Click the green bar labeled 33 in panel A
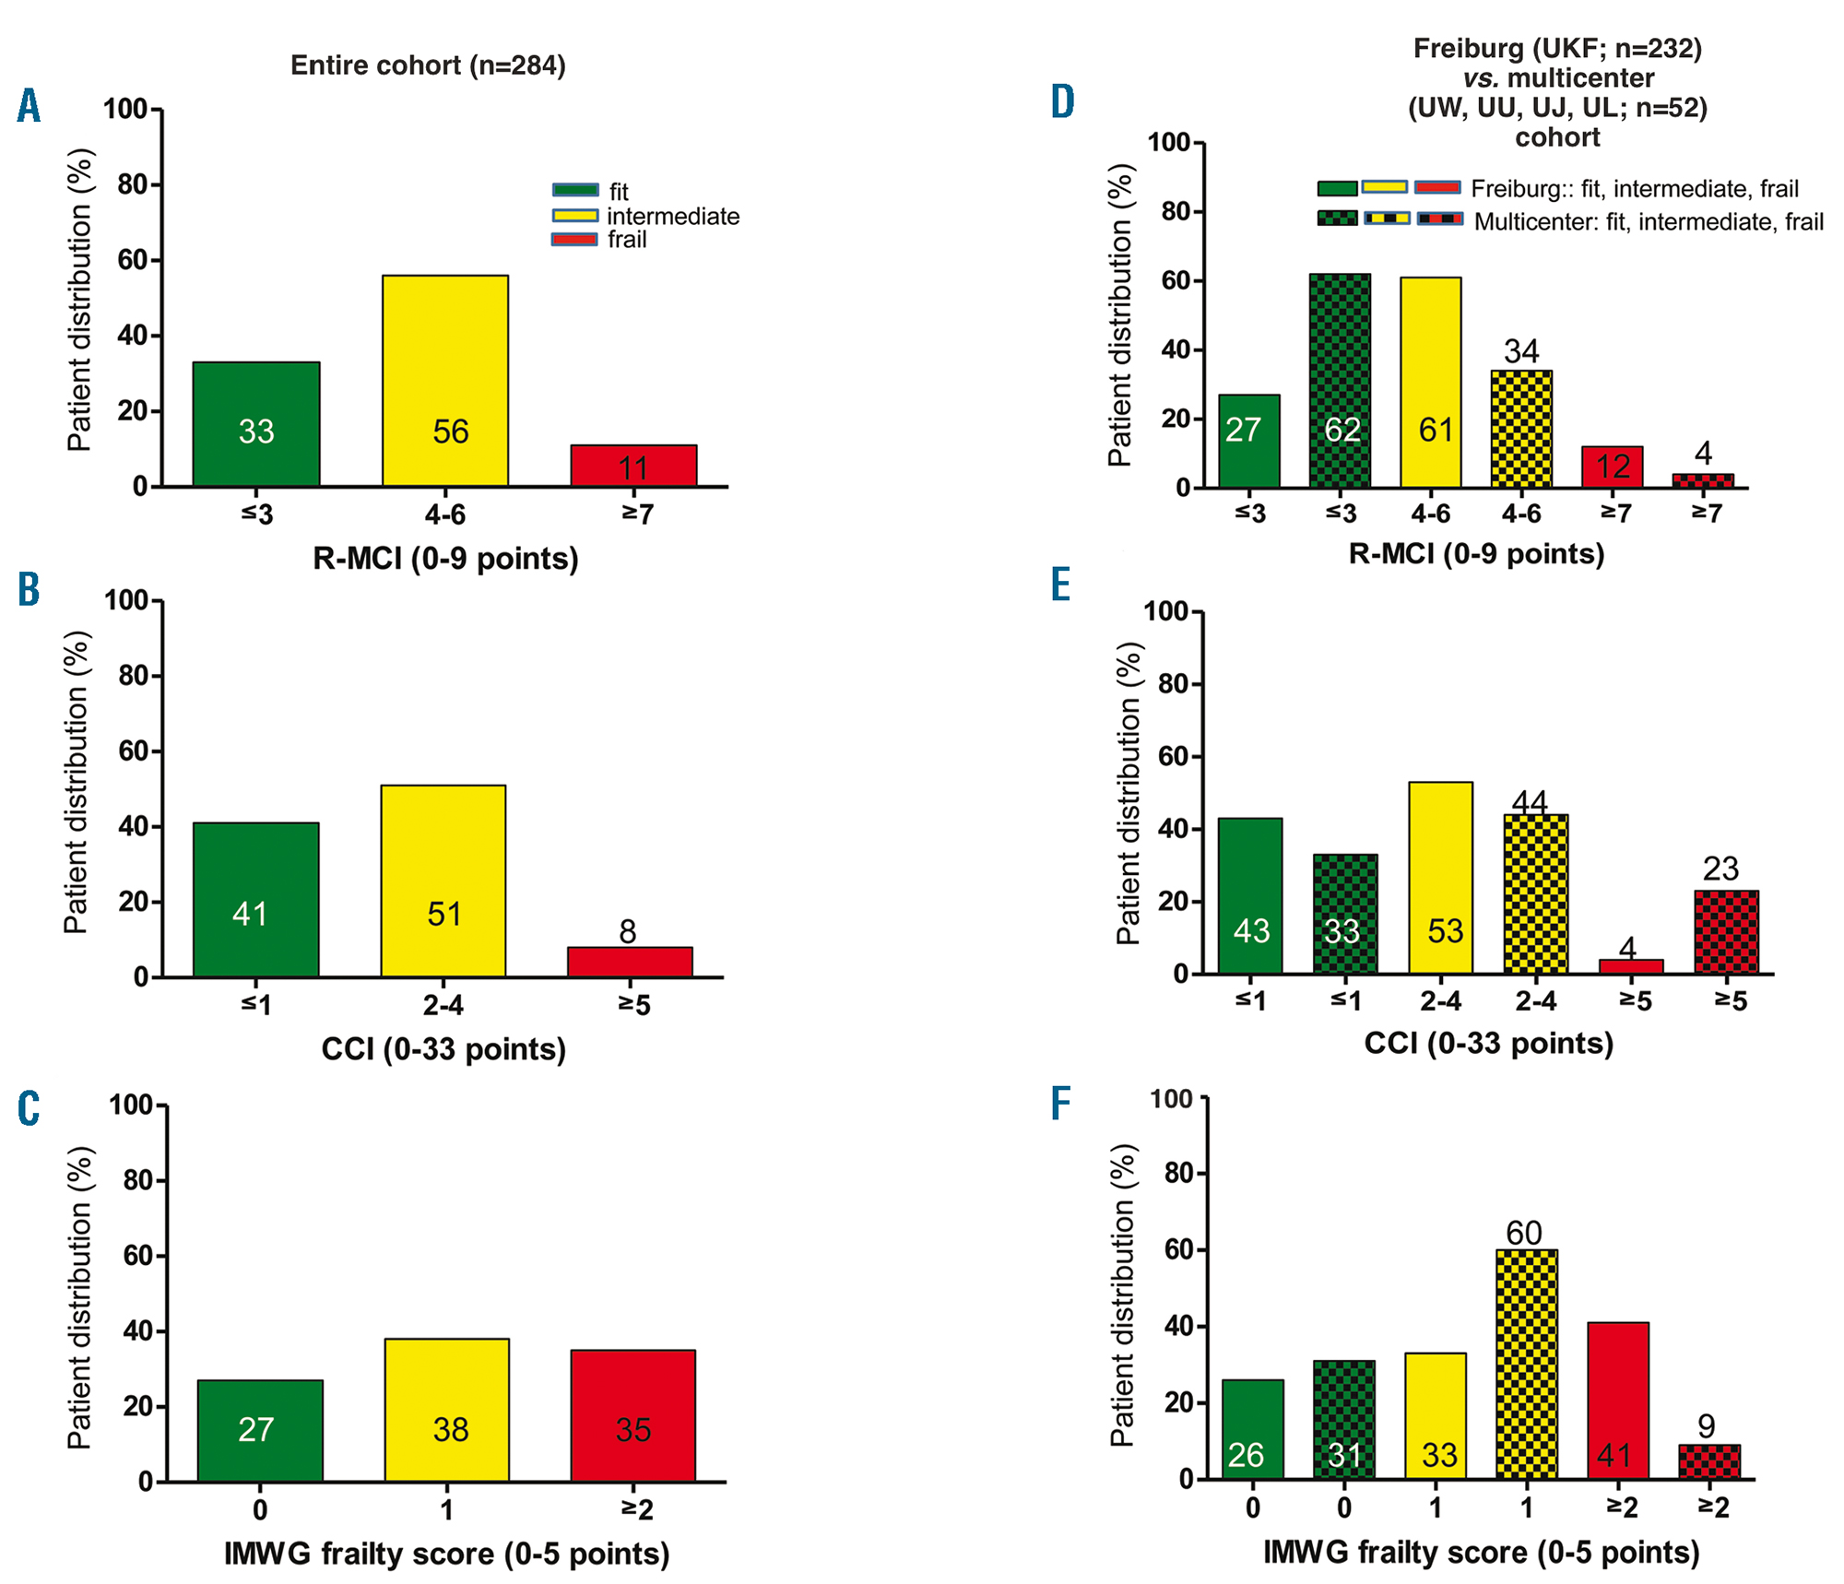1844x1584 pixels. click(256, 424)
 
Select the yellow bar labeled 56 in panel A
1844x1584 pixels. click(445, 381)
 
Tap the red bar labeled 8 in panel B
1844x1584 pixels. click(630, 962)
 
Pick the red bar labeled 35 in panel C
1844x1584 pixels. click(633, 1415)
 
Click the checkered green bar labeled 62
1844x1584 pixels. click(1340, 381)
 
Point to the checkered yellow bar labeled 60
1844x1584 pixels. click(1527, 1365)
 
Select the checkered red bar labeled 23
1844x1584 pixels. click(1726, 932)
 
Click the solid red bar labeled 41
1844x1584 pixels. click(1618, 1401)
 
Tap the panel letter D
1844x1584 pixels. click(1063, 102)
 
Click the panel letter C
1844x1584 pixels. click(29, 1109)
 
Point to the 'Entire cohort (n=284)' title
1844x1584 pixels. click(428, 65)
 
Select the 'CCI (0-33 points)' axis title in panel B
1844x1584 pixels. click(443, 1048)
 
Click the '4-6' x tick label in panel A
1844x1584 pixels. click(445, 514)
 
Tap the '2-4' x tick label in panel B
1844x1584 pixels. click(443, 1005)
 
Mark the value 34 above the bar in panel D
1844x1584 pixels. click(1521, 351)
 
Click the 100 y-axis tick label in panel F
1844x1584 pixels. click(1172, 1099)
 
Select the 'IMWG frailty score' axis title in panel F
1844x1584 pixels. click(1481, 1552)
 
